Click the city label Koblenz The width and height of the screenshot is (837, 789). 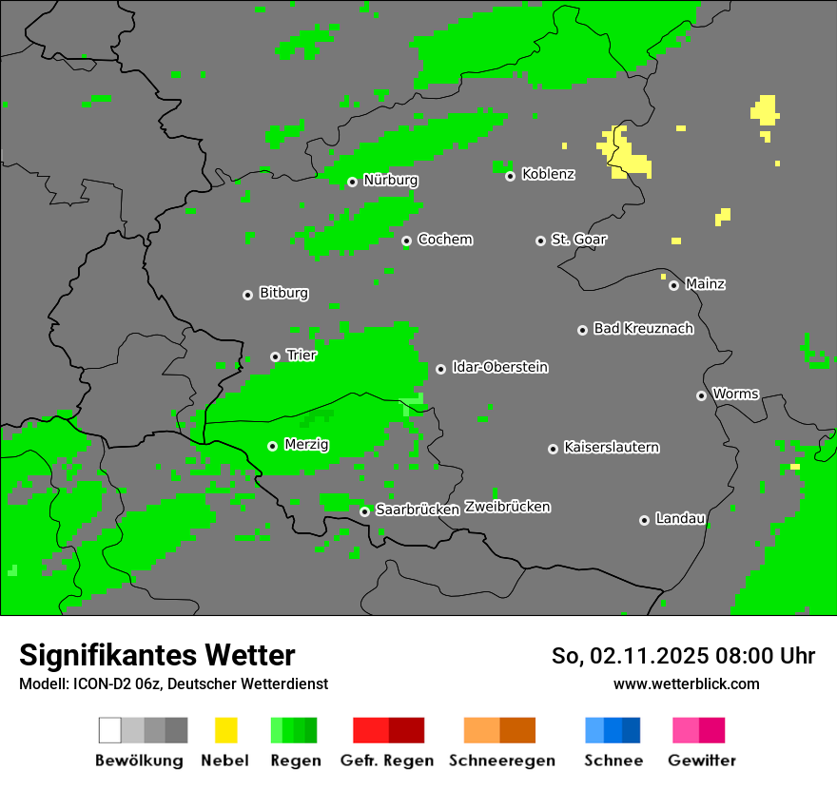tap(548, 175)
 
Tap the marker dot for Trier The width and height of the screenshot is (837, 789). tap(275, 356)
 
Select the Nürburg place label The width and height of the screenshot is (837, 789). tap(390, 180)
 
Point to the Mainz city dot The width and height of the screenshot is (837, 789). tap(673, 285)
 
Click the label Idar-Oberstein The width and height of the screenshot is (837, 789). tap(499, 367)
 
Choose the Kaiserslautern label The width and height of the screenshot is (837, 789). tap(611, 447)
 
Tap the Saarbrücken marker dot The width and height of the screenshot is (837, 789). tap(364, 511)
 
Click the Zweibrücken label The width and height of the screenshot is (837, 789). tap(507, 507)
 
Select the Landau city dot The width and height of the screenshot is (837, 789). tap(644, 520)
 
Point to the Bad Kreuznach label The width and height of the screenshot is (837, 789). tap(643, 329)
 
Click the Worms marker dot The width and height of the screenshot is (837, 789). tap(701, 395)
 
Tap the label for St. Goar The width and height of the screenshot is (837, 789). tap(578, 240)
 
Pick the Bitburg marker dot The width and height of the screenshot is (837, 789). tap(247, 295)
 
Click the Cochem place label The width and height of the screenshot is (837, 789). tap(444, 240)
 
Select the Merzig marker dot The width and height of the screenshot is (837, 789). tap(272, 446)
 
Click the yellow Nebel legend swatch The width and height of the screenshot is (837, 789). tap(225, 730)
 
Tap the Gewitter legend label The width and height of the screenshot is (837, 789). tap(701, 760)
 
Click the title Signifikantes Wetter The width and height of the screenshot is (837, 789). tap(157, 655)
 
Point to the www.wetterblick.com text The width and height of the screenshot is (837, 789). tap(686, 683)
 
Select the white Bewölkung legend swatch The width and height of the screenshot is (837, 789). tap(110, 730)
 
